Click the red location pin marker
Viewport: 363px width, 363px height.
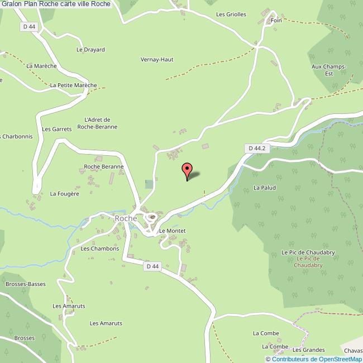pyautogui.click(x=187, y=171)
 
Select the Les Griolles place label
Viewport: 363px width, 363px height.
pyautogui.click(x=231, y=15)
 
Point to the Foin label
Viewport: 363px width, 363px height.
pyautogui.click(x=276, y=20)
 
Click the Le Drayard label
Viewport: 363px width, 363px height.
pyautogui.click(x=90, y=50)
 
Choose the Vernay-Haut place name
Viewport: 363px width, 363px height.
pyautogui.click(x=156, y=59)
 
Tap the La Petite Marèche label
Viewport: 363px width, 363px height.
pyautogui.click(x=73, y=85)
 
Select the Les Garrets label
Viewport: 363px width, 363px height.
pyautogui.click(x=57, y=129)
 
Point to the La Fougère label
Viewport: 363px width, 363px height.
pyautogui.click(x=65, y=194)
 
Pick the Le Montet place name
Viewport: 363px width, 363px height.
pyautogui.click(x=172, y=231)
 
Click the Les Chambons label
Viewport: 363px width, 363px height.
pyautogui.click(x=100, y=249)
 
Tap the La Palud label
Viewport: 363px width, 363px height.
pyautogui.click(x=265, y=188)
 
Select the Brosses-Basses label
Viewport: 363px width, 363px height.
pyautogui.click(x=25, y=284)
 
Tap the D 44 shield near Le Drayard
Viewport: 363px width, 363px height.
pyautogui.click(x=30, y=26)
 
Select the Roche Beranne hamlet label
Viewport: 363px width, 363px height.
pyautogui.click(x=103, y=166)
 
